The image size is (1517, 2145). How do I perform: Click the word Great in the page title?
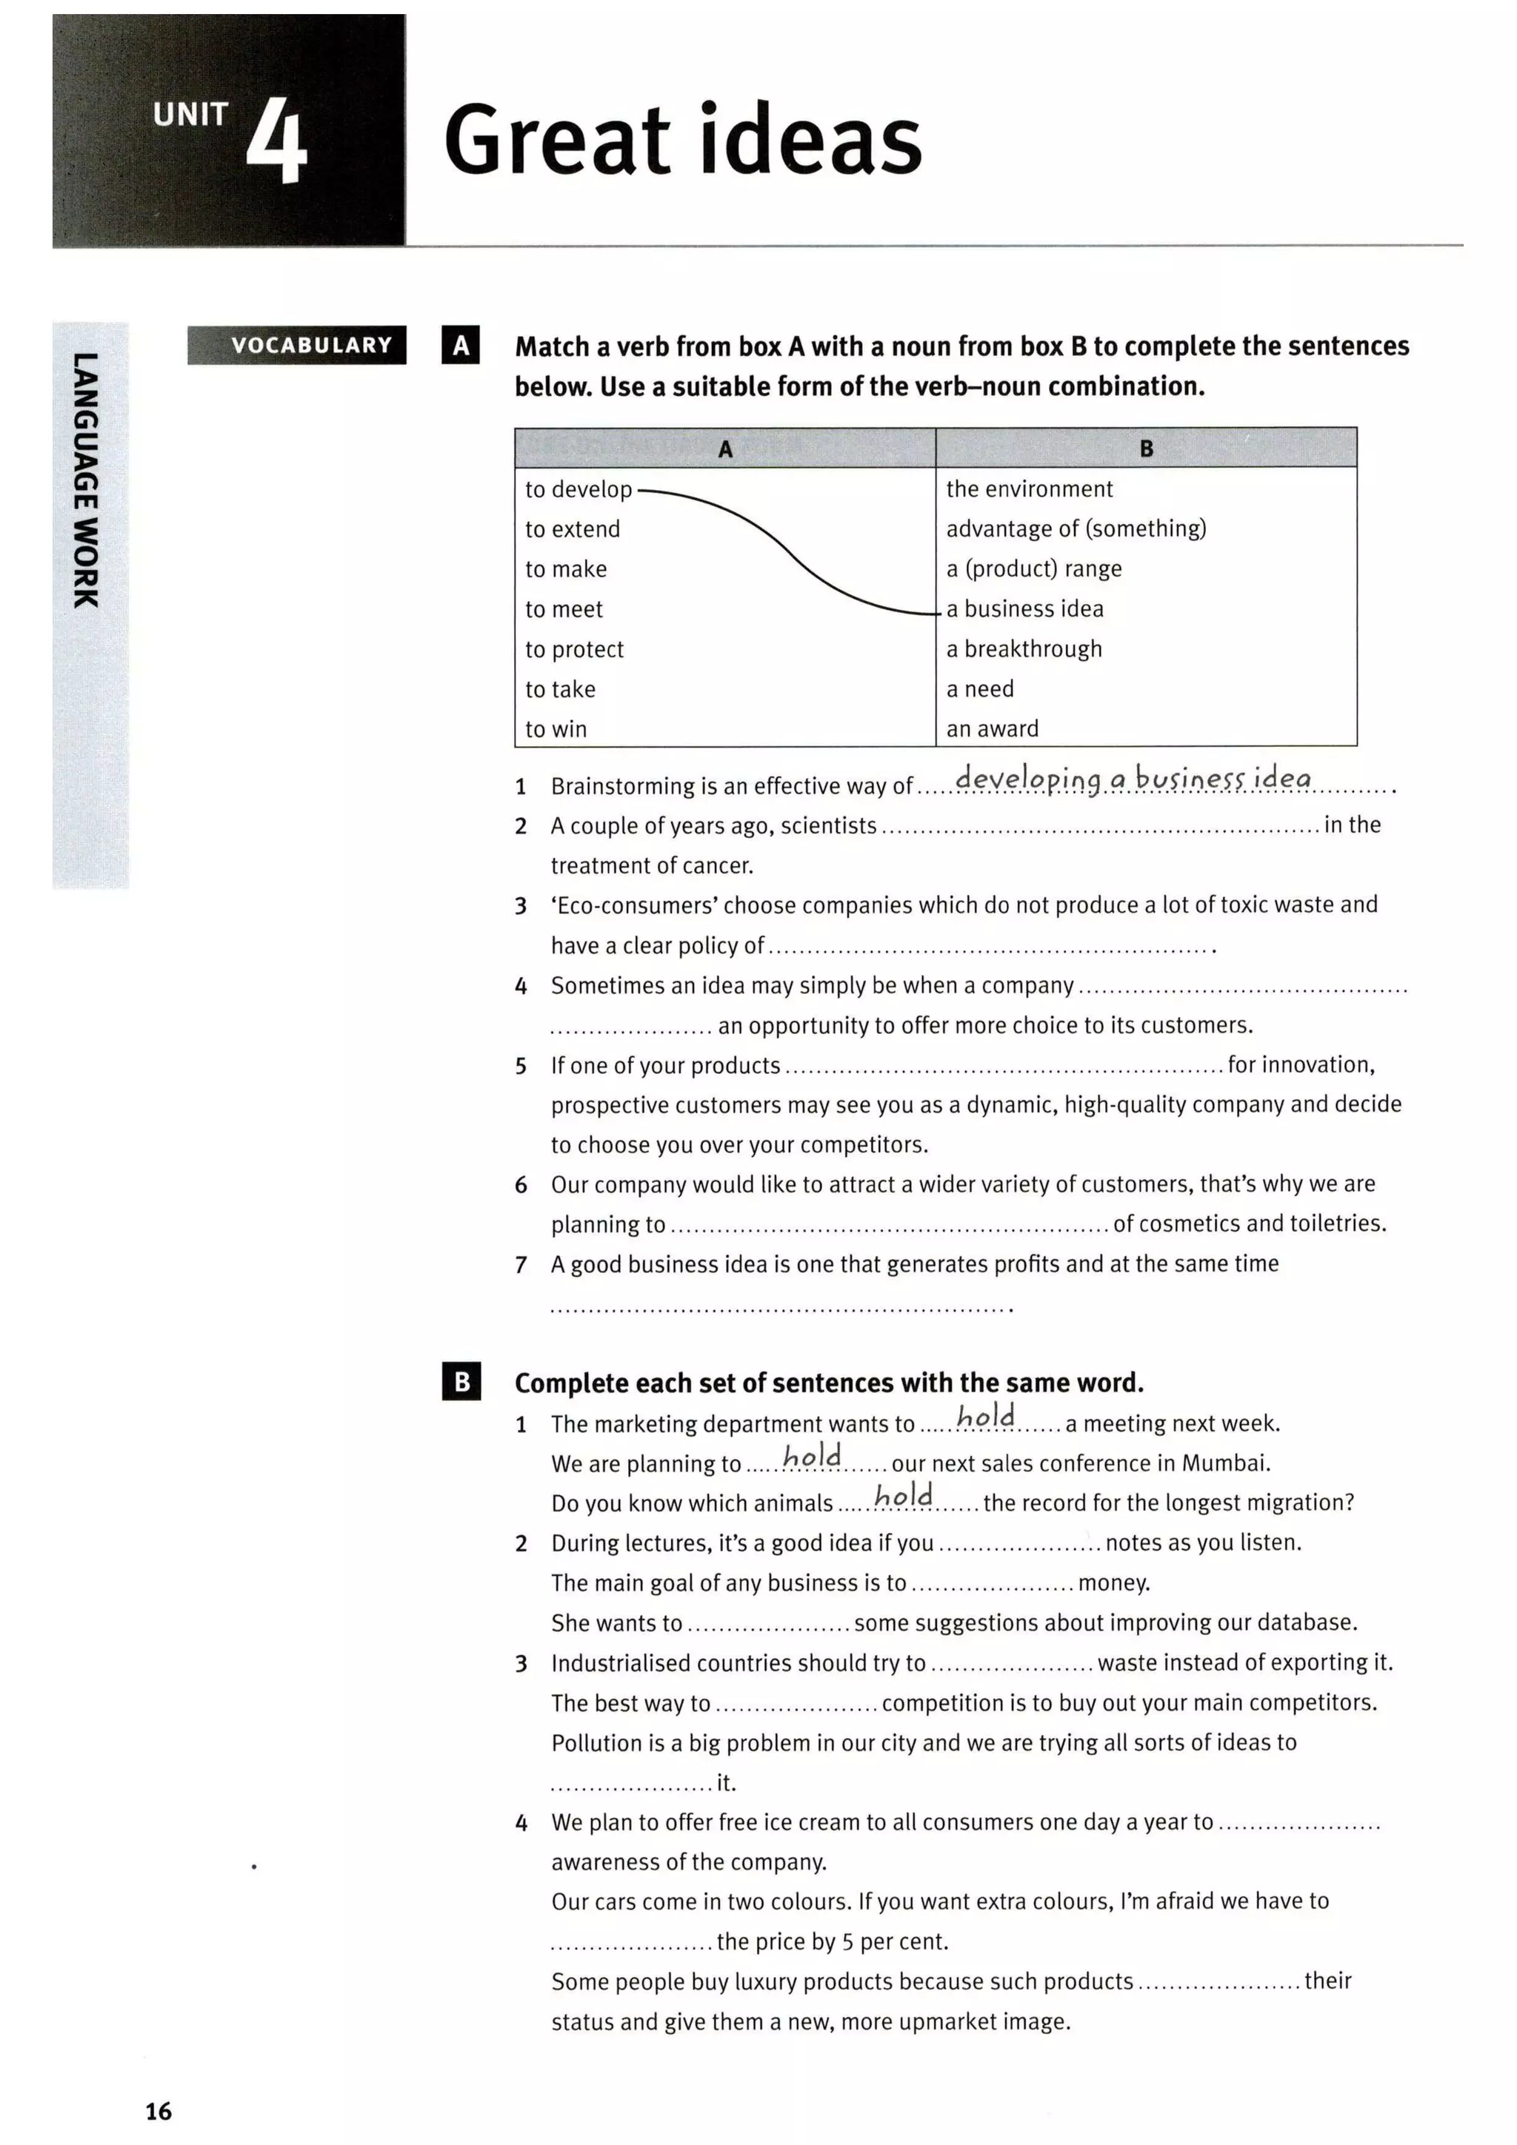click(x=557, y=140)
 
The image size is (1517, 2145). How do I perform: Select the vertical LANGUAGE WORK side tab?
click(x=86, y=481)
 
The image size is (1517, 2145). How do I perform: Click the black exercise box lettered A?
click(x=460, y=345)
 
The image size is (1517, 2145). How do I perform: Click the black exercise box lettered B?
click(x=461, y=1382)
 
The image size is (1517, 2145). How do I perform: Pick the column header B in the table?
click(x=1146, y=449)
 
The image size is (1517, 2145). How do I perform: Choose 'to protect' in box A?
click(x=574, y=649)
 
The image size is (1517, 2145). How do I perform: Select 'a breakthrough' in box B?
click(x=1024, y=648)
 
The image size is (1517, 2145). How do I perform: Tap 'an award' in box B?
click(x=992, y=729)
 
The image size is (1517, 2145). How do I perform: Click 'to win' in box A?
click(x=556, y=729)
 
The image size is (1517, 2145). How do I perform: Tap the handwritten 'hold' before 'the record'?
click(x=903, y=1496)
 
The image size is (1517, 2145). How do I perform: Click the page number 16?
click(x=159, y=2110)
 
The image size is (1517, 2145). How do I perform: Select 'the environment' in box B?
click(x=1029, y=489)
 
